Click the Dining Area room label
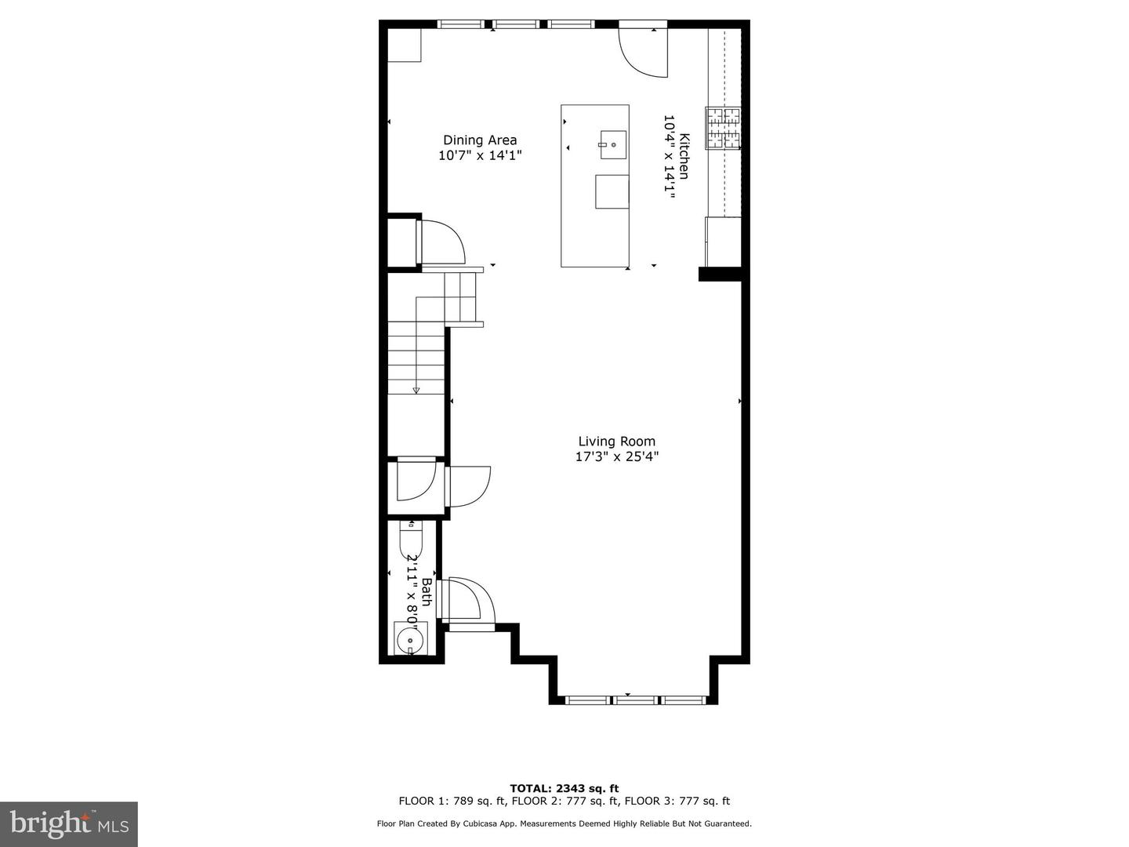tap(480, 140)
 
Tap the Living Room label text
tap(616, 442)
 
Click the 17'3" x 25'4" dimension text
tap(616, 456)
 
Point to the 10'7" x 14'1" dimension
tap(480, 156)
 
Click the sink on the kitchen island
tap(613, 145)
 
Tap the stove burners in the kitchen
tap(722, 128)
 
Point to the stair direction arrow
tap(416, 389)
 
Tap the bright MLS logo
tap(68, 823)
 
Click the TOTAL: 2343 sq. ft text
tap(564, 788)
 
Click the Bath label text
tap(427, 591)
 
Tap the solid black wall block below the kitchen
tap(720, 274)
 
